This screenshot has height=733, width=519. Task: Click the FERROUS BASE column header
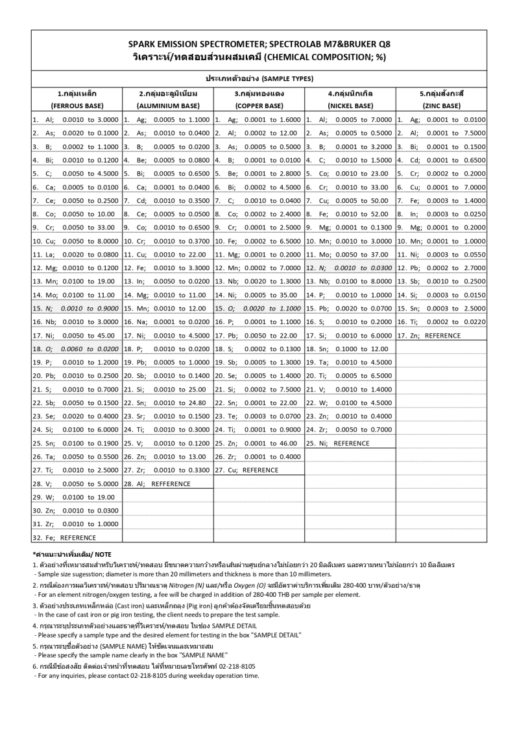pyautogui.click(x=77, y=105)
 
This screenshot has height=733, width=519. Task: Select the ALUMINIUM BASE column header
pyautogui.click(x=168, y=105)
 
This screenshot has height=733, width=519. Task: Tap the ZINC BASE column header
pyautogui.click(x=441, y=105)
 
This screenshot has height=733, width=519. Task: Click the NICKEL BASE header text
pyautogui.click(x=350, y=105)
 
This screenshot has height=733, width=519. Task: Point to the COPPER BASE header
pyautogui.click(x=259, y=105)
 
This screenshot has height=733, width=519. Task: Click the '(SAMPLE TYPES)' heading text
pyautogui.click(x=284, y=78)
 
